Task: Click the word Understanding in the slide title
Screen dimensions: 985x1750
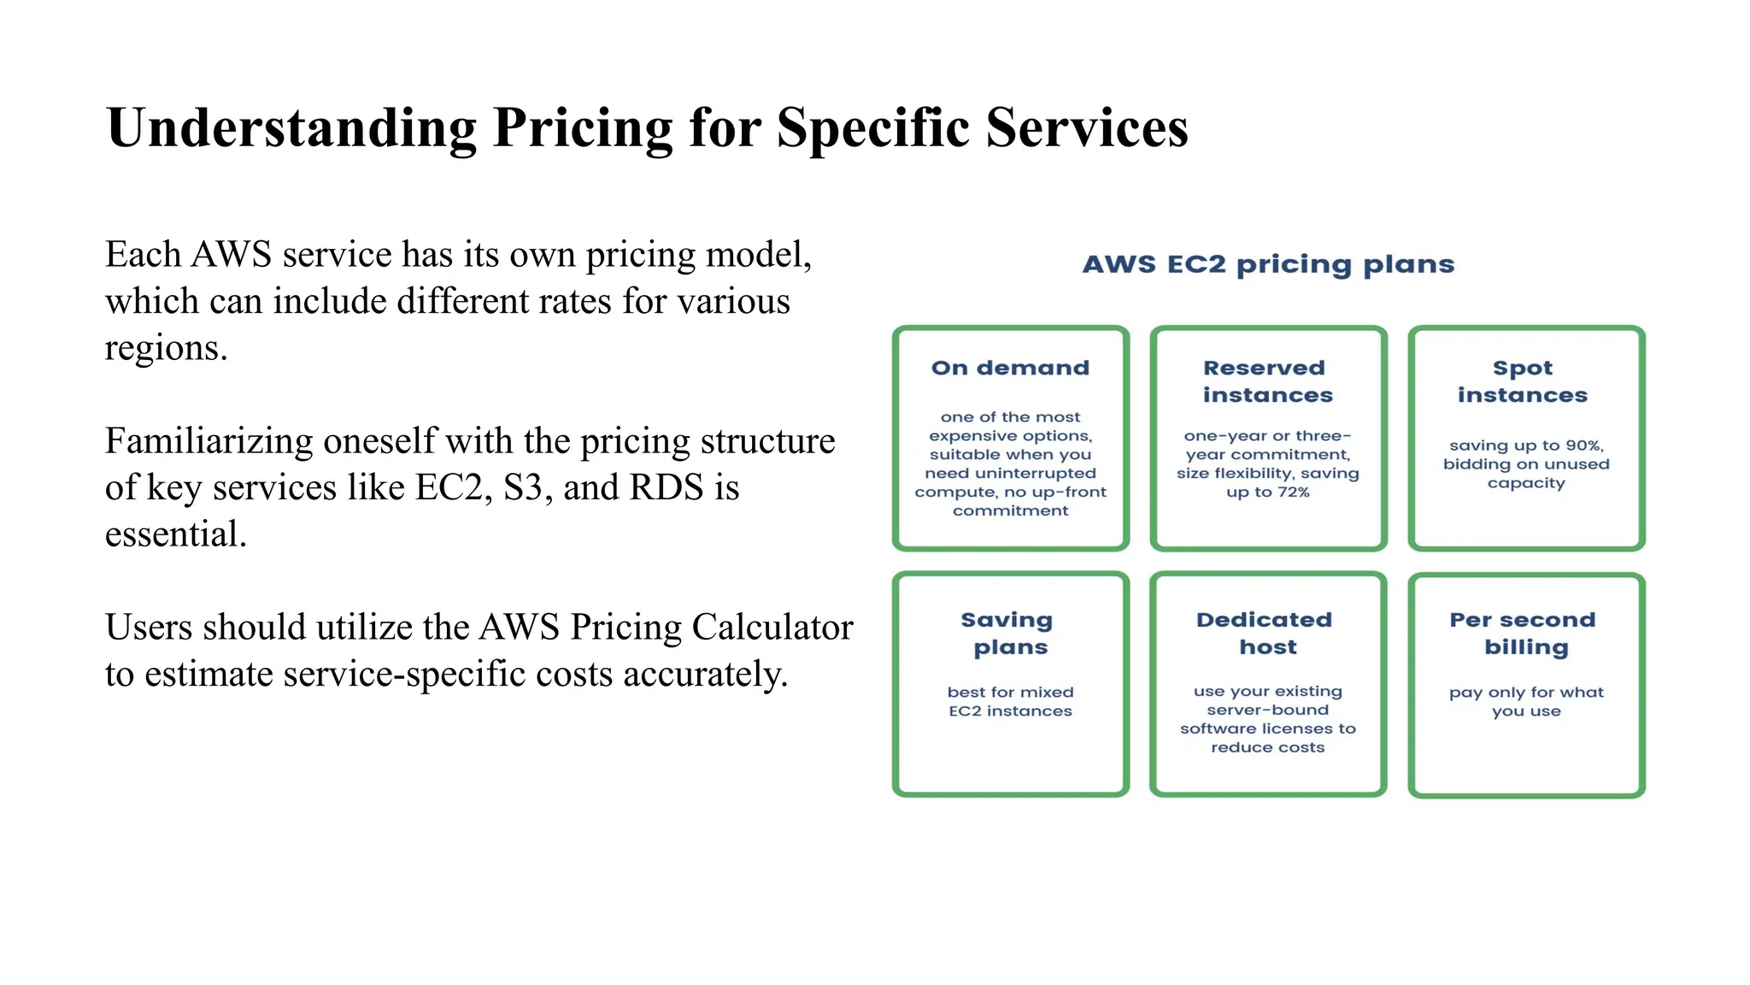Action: click(291, 128)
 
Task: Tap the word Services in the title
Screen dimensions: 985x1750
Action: click(1087, 128)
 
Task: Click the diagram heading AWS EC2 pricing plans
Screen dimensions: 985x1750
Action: click(1268, 264)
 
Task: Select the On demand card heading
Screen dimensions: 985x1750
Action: click(1010, 368)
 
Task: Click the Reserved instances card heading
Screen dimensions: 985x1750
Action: click(1267, 381)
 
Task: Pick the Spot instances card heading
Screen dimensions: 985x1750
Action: click(1523, 381)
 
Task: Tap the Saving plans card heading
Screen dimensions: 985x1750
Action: click(1009, 633)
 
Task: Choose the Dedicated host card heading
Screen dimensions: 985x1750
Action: click(1267, 633)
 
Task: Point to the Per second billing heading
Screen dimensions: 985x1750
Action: click(1524, 633)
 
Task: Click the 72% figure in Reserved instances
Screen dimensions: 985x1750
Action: click(1293, 492)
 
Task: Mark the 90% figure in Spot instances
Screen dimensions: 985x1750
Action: click(1583, 445)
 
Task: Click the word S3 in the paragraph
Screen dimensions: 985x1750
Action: click(523, 487)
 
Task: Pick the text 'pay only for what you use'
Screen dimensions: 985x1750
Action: click(1526, 701)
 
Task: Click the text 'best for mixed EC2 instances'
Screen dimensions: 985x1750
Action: click(1010, 701)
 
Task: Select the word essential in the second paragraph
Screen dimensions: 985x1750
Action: click(175, 534)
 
